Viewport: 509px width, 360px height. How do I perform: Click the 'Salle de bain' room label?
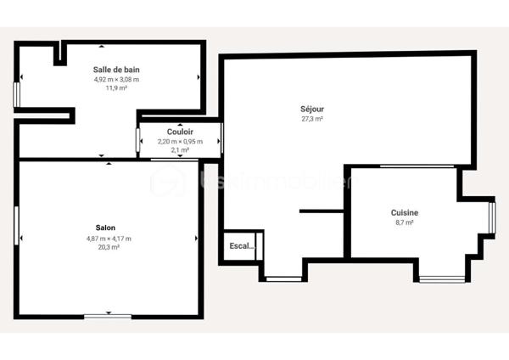pyautogui.click(x=117, y=69)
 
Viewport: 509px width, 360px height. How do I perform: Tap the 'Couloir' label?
pyautogui.click(x=180, y=132)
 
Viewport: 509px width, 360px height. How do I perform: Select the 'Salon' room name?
pyautogui.click(x=106, y=228)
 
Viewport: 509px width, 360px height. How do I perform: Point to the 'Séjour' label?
pyautogui.click(x=312, y=109)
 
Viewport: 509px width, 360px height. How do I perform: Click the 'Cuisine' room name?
pyautogui.click(x=404, y=212)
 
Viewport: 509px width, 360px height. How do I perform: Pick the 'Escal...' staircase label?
pyautogui.click(x=242, y=246)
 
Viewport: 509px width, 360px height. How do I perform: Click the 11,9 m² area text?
pyautogui.click(x=116, y=87)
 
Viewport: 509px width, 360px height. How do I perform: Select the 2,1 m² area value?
pyautogui.click(x=180, y=149)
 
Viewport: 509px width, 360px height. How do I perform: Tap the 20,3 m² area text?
pyautogui.click(x=109, y=247)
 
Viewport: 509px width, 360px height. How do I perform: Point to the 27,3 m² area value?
pyautogui.click(x=312, y=119)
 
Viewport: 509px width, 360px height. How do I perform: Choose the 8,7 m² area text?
pyautogui.click(x=404, y=222)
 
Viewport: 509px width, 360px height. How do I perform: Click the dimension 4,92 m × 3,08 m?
pyautogui.click(x=116, y=79)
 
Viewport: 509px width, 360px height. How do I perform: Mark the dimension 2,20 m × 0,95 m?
pyautogui.click(x=180, y=141)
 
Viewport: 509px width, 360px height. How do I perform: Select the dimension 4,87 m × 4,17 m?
pyautogui.click(x=109, y=239)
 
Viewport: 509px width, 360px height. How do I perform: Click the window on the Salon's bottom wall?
pyautogui.click(x=108, y=316)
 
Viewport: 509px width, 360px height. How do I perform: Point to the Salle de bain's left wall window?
pyautogui.click(x=16, y=94)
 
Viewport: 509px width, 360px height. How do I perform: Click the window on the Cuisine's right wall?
pyautogui.click(x=491, y=217)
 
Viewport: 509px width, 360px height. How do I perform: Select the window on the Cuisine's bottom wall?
pyautogui.click(x=442, y=278)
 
